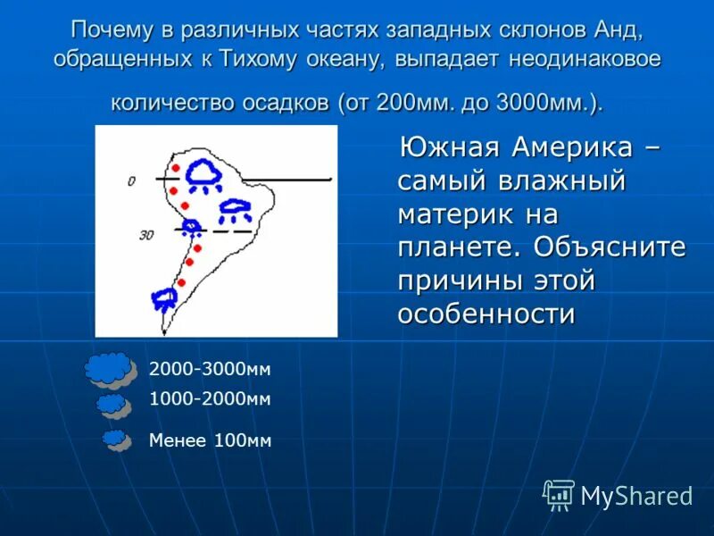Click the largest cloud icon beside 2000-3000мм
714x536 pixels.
109,369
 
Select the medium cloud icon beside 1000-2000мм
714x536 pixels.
113,406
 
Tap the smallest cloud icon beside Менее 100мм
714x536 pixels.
116,440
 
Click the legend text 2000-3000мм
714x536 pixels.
210,369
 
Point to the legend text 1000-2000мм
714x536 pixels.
210,399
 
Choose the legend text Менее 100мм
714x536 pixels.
210,440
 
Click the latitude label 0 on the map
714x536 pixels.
131,181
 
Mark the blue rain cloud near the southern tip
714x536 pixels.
164,299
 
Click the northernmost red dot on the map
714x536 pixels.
175,168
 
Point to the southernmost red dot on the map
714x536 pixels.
180,282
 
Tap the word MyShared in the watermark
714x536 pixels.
636,496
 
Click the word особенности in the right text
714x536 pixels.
485,314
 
